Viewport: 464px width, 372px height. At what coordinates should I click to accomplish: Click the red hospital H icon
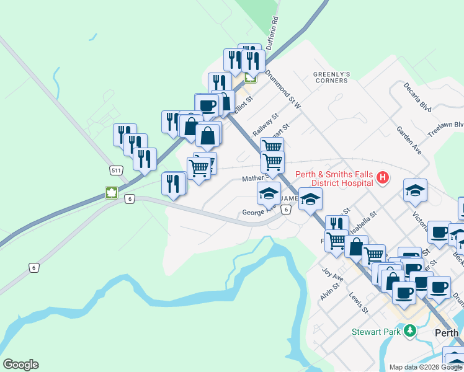coord(383,179)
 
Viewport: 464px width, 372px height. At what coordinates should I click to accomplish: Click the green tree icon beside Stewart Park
coord(409,332)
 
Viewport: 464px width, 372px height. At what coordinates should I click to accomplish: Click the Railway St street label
coord(266,125)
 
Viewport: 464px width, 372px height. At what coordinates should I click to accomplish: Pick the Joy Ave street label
coord(332,275)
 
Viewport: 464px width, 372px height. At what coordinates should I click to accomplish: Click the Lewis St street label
coord(359,303)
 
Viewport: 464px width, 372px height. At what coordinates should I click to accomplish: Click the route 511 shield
coord(116,170)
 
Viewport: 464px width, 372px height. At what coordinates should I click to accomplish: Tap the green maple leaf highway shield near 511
coord(112,192)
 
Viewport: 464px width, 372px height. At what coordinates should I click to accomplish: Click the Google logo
coord(20,365)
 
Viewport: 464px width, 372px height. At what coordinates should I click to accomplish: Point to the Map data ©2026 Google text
coord(426,367)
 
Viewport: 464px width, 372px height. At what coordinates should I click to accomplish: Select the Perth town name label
coord(447,333)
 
